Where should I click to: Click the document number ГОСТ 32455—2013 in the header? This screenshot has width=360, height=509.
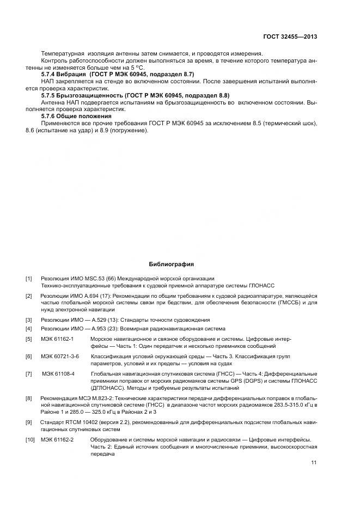point(290,37)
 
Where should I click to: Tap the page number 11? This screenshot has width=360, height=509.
point(313,463)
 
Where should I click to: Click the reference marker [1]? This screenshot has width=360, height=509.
point(29,279)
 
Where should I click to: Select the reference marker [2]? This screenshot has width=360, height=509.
point(29,296)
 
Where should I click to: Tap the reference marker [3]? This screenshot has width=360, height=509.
point(29,320)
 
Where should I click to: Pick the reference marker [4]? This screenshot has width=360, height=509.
point(29,329)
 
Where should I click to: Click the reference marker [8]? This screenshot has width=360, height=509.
point(29,398)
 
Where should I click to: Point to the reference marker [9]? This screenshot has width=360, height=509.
point(29,422)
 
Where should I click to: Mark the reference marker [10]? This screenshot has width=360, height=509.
point(30,439)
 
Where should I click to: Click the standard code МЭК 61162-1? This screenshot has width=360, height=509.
point(57,339)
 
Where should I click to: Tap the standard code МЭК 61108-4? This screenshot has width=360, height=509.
point(58,374)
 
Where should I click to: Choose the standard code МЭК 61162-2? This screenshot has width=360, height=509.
point(57,439)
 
